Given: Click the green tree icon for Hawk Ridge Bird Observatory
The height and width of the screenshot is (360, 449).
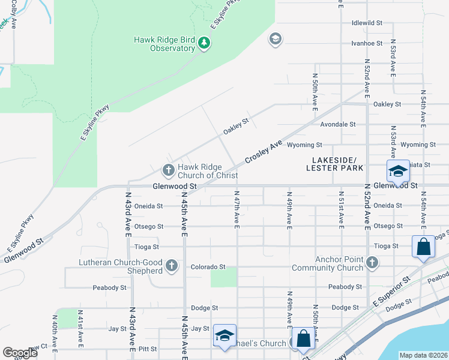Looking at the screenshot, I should [204, 43].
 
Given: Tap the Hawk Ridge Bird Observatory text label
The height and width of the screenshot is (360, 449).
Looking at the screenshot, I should [164, 44].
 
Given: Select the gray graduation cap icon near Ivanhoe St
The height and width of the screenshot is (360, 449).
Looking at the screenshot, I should [276, 40].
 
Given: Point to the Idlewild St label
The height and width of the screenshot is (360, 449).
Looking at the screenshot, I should [367, 23].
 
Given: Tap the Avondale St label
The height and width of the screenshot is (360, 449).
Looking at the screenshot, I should [338, 125].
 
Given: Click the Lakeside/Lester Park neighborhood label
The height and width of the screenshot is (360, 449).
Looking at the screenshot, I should [335, 164].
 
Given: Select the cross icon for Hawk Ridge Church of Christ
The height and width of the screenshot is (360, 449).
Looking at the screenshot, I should [168, 170].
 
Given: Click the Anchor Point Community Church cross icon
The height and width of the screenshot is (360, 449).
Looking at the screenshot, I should [372, 262].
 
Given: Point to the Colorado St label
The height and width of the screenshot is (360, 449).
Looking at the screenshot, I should [208, 267].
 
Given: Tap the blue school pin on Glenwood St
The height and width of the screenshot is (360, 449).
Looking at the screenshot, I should [397, 172].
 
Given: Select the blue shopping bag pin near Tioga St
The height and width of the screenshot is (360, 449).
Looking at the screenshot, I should [423, 247].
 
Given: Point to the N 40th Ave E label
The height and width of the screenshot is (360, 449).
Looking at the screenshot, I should [55, 332].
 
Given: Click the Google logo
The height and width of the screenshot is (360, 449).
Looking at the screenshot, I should [20, 353].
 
